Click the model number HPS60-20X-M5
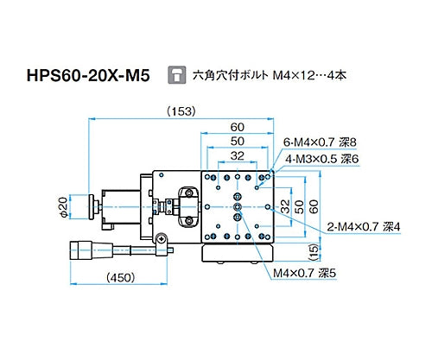pyautogui.click(x=82, y=76)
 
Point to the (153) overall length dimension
pyautogui.click(x=180, y=111)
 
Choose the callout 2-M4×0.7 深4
pyautogui.click(x=364, y=226)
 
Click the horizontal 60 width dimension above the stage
pyautogui.click(x=238, y=127)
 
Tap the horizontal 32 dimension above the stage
pyautogui.click(x=238, y=155)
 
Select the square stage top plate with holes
pyautogui.click(x=238, y=206)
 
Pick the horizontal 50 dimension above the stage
pyautogui.click(x=238, y=141)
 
